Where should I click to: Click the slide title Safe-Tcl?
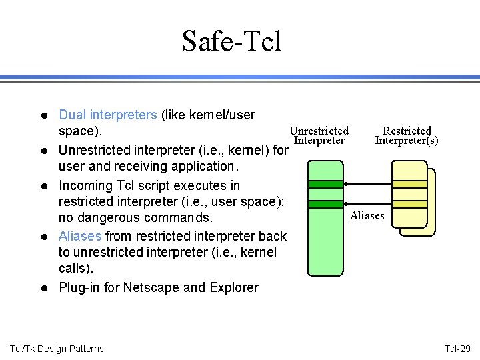coord(232,41)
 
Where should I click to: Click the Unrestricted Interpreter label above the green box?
coord(319,135)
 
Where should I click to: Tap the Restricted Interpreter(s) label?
coord(407,135)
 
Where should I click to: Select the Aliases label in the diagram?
coord(367,215)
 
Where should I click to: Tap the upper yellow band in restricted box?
coord(409,184)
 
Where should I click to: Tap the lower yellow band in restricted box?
coord(409,204)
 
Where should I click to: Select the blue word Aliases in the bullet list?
coord(80,236)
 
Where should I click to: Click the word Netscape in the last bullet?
coord(153,287)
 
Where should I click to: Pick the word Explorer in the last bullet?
coord(232,287)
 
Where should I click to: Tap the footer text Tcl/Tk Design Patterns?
coord(57,349)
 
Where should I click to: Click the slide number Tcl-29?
coord(457,349)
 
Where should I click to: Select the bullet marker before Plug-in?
coord(43,288)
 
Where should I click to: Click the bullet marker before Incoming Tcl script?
coord(43,185)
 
